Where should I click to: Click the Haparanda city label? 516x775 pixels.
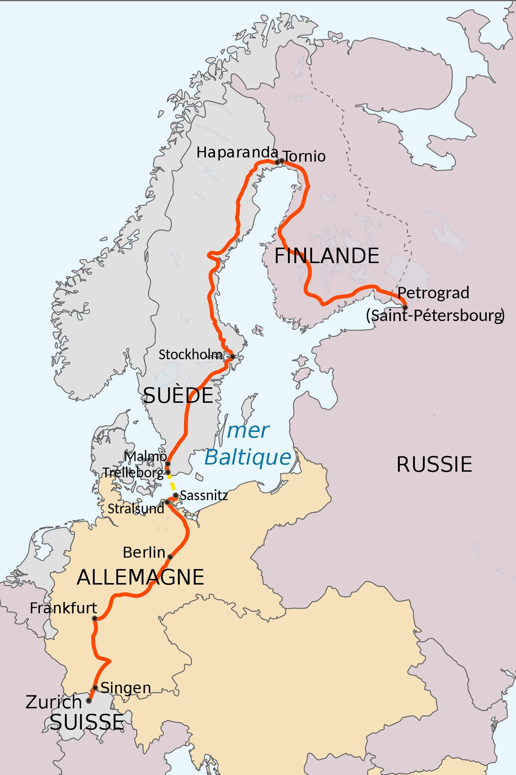point(237,152)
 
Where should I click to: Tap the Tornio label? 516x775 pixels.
point(305,156)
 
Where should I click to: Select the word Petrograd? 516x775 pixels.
point(433,293)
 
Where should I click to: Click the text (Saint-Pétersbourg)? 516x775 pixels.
point(435,315)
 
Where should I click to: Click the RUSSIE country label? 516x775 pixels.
point(434,464)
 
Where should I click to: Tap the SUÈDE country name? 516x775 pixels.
point(178,395)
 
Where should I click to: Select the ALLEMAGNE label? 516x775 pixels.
point(140,577)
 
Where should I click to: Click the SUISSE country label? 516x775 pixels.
point(87,722)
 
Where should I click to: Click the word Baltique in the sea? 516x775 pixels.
point(248,457)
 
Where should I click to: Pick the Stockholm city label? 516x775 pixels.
point(190,354)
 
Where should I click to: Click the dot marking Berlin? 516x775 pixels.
point(170,556)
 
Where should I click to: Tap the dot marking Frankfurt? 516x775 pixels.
point(94,618)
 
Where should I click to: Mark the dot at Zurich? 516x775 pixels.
point(89,701)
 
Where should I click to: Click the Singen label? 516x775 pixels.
point(126,688)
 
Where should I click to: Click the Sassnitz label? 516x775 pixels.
point(204,496)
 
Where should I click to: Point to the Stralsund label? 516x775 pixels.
point(136,509)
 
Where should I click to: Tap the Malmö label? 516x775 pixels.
point(145,456)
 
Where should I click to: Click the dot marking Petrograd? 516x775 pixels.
point(405,307)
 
